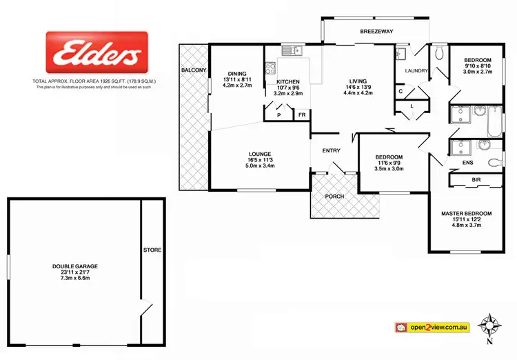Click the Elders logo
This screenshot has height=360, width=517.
(x=94, y=54)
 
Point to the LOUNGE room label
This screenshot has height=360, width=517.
(x=260, y=153)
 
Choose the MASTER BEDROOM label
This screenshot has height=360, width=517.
(x=467, y=213)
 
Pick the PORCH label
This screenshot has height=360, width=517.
(x=335, y=197)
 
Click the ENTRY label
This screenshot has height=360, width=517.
(x=331, y=150)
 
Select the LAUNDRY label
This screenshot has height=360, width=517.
(x=416, y=70)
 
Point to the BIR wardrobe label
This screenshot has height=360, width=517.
(x=476, y=180)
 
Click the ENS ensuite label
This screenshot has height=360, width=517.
(x=469, y=163)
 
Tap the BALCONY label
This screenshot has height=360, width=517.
(x=192, y=70)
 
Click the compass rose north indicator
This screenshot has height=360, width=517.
(x=491, y=323)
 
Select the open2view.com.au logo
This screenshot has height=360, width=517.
(x=432, y=326)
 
